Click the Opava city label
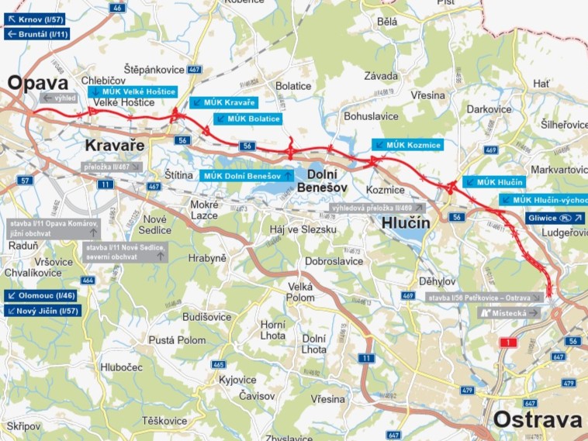37,82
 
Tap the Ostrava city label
537,420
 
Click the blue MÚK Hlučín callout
494,181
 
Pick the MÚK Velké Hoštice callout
133,91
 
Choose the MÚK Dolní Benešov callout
247,176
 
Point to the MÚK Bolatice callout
247,119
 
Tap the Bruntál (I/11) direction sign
36,34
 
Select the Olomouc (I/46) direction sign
40,295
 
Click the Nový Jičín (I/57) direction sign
43,311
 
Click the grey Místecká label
510,313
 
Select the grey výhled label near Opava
59,98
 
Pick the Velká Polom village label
300,291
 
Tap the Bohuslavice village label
371,116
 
